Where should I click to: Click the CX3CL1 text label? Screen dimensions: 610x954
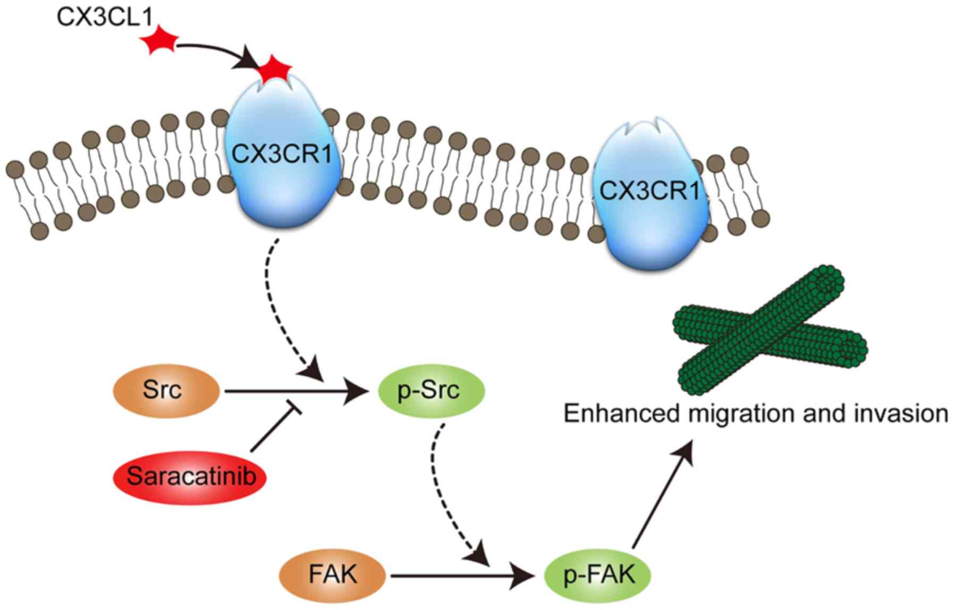(x=104, y=17)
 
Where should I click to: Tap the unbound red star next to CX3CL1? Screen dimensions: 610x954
(x=158, y=42)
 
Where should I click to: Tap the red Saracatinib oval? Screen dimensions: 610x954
(x=190, y=477)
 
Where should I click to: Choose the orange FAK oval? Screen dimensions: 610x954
(x=333, y=575)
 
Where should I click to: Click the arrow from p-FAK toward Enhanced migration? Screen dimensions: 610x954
(x=662, y=496)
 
